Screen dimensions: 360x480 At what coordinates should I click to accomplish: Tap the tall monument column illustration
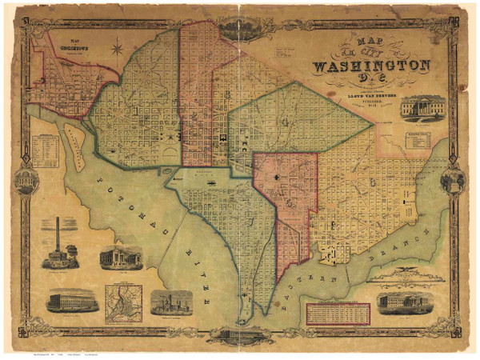(57, 243)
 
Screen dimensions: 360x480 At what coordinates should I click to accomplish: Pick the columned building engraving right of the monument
(120, 258)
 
